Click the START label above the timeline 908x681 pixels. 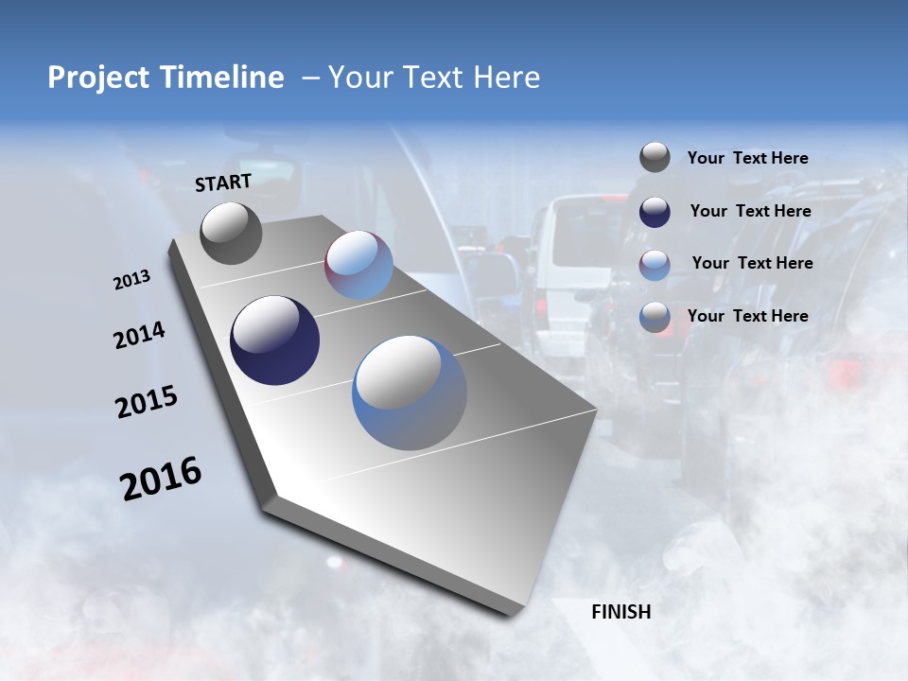(223, 183)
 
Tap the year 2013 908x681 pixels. (131, 280)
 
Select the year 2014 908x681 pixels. (139, 336)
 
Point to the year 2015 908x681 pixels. (146, 402)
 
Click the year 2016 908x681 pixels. (161, 479)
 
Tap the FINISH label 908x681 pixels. (620, 612)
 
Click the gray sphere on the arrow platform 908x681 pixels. (232, 233)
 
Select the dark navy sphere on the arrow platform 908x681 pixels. (274, 340)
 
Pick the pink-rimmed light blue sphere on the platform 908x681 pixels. (358, 265)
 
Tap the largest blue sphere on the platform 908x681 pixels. (410, 393)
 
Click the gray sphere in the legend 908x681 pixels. (655, 158)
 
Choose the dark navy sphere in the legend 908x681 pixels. (655, 212)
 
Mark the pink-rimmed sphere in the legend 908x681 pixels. (655, 265)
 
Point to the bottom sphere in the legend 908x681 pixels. (655, 317)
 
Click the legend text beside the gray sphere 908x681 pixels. (747, 159)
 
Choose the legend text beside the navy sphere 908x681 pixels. (750, 211)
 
